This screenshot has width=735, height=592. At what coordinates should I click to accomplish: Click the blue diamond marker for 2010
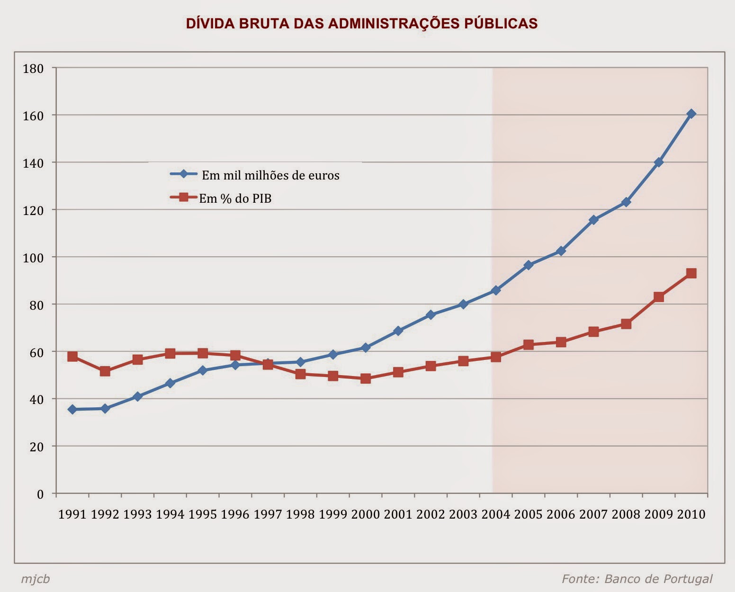pyautogui.click(x=691, y=114)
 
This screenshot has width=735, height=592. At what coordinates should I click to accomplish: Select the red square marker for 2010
pyautogui.click(x=691, y=273)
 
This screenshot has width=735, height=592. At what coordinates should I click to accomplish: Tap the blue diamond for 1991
pyautogui.click(x=72, y=409)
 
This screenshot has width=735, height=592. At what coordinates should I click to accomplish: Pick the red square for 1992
pyautogui.click(x=105, y=371)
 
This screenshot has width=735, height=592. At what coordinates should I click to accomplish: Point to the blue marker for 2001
pyautogui.click(x=398, y=331)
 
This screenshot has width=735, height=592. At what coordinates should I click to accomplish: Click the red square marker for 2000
pyautogui.click(x=365, y=378)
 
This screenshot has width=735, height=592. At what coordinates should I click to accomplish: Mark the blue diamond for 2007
pyautogui.click(x=593, y=220)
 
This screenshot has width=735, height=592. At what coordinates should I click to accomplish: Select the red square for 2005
pyautogui.click(x=529, y=345)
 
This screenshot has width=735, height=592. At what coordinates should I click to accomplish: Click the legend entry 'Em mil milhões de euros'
pyautogui.click(x=270, y=175)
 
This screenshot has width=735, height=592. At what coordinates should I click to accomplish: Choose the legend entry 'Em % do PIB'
pyautogui.click(x=235, y=198)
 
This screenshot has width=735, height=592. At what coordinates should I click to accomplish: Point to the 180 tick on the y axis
pyautogui.click(x=33, y=69)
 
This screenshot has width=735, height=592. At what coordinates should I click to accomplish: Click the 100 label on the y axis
pyautogui.click(x=33, y=258)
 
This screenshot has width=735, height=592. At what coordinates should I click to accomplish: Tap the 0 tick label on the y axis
pyautogui.click(x=40, y=494)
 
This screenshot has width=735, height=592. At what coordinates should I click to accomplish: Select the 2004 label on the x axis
pyautogui.click(x=495, y=514)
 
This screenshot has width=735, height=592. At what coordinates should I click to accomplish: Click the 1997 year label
pyautogui.click(x=268, y=514)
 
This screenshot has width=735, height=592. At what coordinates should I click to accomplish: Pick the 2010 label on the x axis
pyautogui.click(x=691, y=514)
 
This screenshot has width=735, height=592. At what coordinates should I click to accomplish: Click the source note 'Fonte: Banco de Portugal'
pyautogui.click(x=637, y=579)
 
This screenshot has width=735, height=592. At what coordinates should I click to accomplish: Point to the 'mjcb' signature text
pyautogui.click(x=35, y=579)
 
